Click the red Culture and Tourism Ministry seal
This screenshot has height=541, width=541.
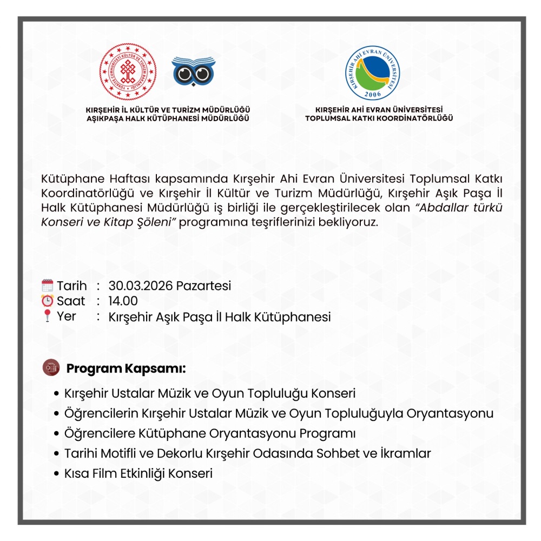pos(128,72)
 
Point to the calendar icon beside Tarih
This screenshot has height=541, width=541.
pos(48,286)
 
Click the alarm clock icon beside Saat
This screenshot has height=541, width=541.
pos(48,301)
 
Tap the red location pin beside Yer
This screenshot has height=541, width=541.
pos(48,316)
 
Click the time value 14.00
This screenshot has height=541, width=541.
pos(123,301)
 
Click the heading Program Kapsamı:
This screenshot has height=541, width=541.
pos(126,369)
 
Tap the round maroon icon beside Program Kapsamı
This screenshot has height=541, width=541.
pos(50,368)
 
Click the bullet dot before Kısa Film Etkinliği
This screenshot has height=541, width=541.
pos(56,474)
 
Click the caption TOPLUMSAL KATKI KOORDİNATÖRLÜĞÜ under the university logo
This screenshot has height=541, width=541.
pos(379,118)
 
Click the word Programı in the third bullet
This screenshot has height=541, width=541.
pos(328,434)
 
